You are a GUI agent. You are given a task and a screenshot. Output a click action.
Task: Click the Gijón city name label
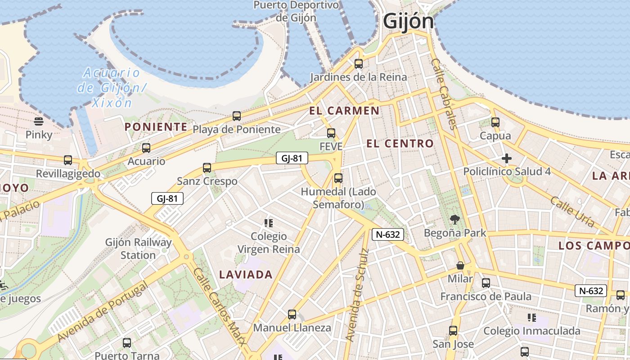[x=408, y=21]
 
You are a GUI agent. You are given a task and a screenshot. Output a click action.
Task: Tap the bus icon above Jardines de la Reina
[x=359, y=64]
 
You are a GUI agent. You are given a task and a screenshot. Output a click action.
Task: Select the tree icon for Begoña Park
[x=455, y=220]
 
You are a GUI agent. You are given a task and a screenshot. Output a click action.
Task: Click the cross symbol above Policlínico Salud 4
[x=507, y=158]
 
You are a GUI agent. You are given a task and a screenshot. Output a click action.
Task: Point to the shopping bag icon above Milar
[x=460, y=265]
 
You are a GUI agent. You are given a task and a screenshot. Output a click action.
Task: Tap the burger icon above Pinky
[x=39, y=121]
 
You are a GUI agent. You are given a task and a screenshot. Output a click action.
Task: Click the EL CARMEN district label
[x=344, y=111]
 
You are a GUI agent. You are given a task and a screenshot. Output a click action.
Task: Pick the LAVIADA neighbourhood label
[x=246, y=274]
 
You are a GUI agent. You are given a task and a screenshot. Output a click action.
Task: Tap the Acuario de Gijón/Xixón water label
[x=111, y=87]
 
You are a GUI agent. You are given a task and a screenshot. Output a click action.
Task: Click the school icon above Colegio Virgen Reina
[x=269, y=223]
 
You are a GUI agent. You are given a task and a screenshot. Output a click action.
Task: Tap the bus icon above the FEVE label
[x=331, y=133]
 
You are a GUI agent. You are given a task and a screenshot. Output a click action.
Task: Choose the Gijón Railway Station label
[x=138, y=248]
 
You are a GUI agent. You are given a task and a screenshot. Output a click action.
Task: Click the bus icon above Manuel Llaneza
[x=292, y=315]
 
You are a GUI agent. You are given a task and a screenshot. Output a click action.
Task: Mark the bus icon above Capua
[x=495, y=122]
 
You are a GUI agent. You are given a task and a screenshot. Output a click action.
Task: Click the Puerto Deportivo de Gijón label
[x=296, y=11]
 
